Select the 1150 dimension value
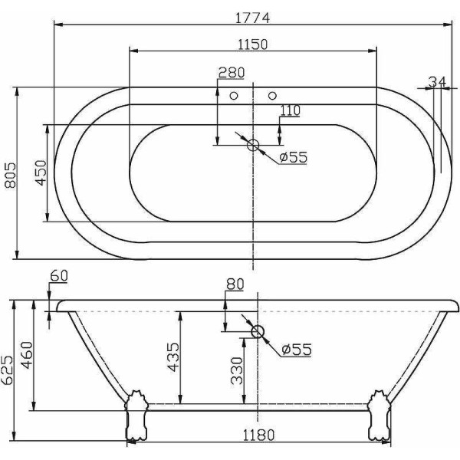252,44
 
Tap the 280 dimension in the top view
231,74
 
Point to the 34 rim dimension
438,82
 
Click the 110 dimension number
289,110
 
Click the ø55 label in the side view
295,349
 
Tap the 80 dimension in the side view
235,284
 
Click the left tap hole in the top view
235,96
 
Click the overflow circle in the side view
257,332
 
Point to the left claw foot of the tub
136,415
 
